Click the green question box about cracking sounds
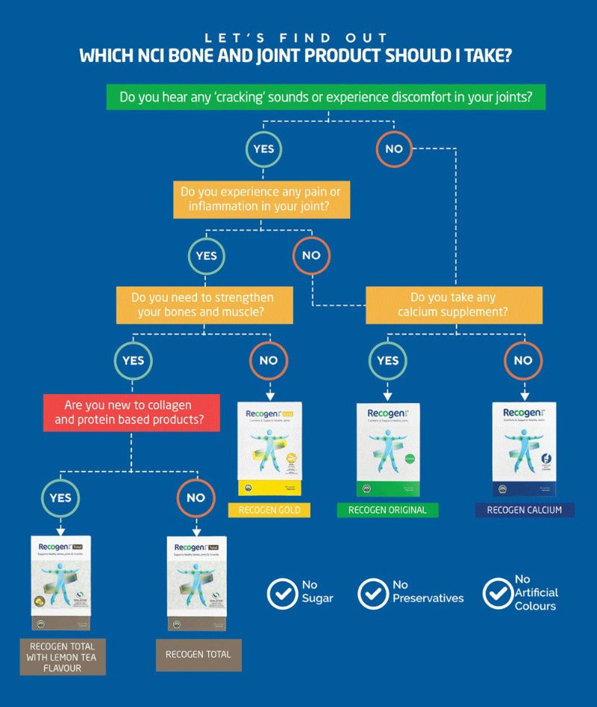pos(326,97)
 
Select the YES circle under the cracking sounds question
pos(263,149)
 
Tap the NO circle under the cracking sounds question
pos(394,149)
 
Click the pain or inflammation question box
pos(260,199)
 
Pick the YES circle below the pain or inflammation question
pos(207,255)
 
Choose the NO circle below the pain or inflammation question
pos(311,255)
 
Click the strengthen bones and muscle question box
pos(204,305)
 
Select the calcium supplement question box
pos(454,305)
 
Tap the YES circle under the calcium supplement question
pos(388,361)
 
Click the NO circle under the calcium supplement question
pos(523,361)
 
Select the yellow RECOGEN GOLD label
pos(269,511)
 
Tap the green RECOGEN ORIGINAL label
pos(387,511)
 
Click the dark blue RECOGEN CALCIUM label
pos(524,511)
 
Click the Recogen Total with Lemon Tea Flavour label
pos(63,656)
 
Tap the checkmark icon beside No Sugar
pos(282,594)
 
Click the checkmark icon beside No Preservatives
pos(372,594)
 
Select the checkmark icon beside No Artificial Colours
pos(497,594)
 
